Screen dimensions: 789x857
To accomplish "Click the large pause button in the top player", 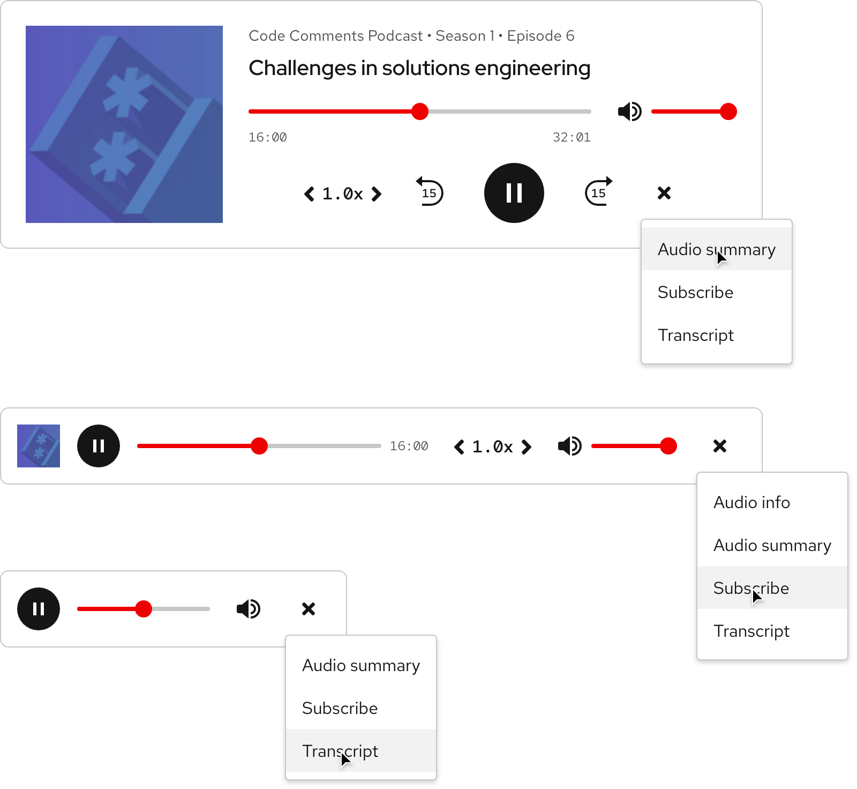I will (x=514, y=193).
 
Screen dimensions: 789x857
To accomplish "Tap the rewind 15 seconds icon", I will (x=430, y=192).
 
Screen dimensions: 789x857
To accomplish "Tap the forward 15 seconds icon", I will (x=598, y=192).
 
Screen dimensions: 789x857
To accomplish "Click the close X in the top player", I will (x=664, y=193).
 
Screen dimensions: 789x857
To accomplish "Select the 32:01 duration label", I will (x=572, y=137).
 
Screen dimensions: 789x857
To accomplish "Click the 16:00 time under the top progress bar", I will (x=268, y=137).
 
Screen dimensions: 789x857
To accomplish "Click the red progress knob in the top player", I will (x=420, y=111).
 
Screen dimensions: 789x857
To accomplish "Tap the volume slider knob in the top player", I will (x=728, y=111).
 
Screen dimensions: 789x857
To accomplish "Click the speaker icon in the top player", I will (x=629, y=111).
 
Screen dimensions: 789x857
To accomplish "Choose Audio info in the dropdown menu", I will (x=751, y=502).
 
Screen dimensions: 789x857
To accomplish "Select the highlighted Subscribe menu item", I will (x=751, y=588).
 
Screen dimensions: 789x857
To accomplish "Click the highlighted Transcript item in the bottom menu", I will (x=340, y=751).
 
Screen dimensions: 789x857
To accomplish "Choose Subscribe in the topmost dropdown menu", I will (x=695, y=292).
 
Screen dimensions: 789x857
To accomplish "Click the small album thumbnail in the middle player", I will (x=39, y=446).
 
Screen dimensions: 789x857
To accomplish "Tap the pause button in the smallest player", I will (x=39, y=609).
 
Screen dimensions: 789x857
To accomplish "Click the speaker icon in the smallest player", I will (x=248, y=609).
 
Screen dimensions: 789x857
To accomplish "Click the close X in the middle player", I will (x=719, y=446).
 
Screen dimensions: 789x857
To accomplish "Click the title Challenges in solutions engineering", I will (x=419, y=68).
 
